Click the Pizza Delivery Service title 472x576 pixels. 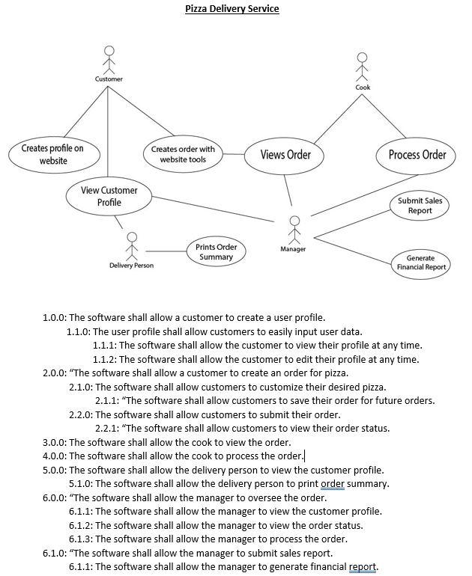click(232, 9)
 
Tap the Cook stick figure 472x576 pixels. click(363, 66)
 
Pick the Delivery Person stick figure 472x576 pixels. click(132, 246)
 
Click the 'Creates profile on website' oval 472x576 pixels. click(52, 154)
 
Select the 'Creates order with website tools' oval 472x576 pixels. click(183, 154)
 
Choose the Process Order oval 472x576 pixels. click(417, 155)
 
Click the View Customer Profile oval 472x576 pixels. click(109, 197)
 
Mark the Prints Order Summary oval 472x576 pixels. click(216, 252)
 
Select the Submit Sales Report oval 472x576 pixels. click(420, 206)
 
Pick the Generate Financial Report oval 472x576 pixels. click(420, 263)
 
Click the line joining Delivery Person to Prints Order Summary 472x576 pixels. click(166, 251)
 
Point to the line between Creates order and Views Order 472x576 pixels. click(234, 155)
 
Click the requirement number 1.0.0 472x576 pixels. click(54, 317)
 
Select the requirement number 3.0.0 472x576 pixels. click(54, 442)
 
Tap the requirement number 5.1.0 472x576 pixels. click(81, 483)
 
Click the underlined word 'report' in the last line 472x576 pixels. click(363, 566)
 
